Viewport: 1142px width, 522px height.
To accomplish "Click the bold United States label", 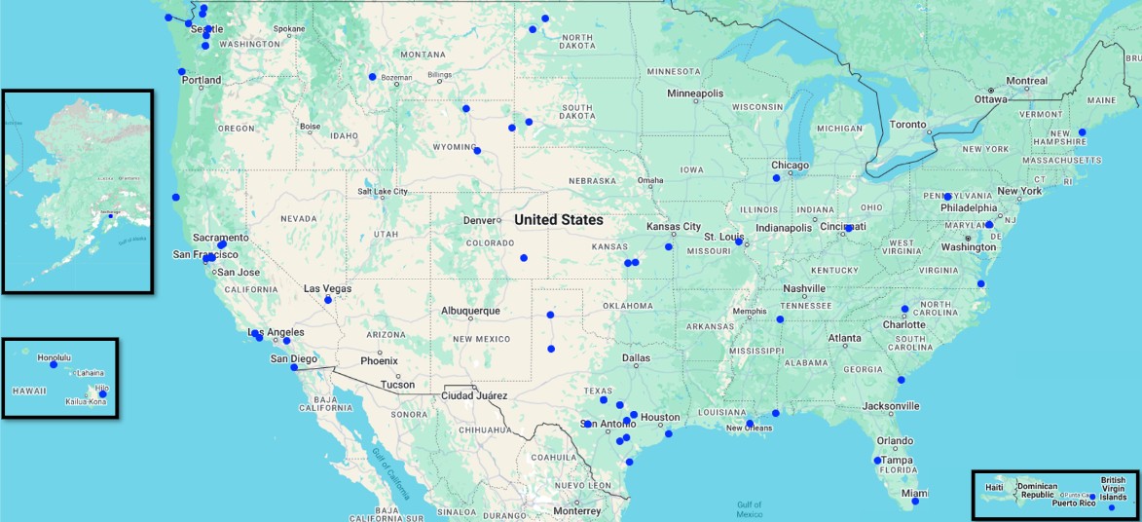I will tap(558, 220).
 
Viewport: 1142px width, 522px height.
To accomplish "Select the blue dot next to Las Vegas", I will tap(328, 300).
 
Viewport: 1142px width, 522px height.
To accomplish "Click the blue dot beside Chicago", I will tap(776, 178).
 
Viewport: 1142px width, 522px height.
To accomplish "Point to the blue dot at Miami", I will tap(914, 501).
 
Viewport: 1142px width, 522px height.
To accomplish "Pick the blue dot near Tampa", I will tap(877, 461).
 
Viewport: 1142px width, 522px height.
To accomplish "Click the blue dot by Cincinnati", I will tap(848, 228).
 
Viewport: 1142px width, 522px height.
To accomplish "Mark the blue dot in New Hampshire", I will tap(1082, 132).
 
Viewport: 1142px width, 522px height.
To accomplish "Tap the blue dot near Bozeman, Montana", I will tap(372, 77).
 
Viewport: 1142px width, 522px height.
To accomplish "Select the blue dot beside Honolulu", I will tap(54, 364).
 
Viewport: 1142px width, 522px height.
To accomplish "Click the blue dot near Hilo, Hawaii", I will tap(102, 394).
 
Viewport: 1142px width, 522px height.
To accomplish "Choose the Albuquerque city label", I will tap(470, 311).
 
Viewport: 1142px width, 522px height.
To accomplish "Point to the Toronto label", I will tap(908, 125).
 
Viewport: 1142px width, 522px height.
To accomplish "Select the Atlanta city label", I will tap(844, 338).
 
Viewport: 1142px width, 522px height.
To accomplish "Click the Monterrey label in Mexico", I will tap(576, 511).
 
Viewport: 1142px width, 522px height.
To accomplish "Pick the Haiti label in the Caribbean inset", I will tap(993, 487).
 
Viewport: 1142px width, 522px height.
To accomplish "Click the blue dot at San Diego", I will tap(294, 367).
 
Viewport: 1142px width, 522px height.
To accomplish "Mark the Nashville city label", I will tap(805, 288).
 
